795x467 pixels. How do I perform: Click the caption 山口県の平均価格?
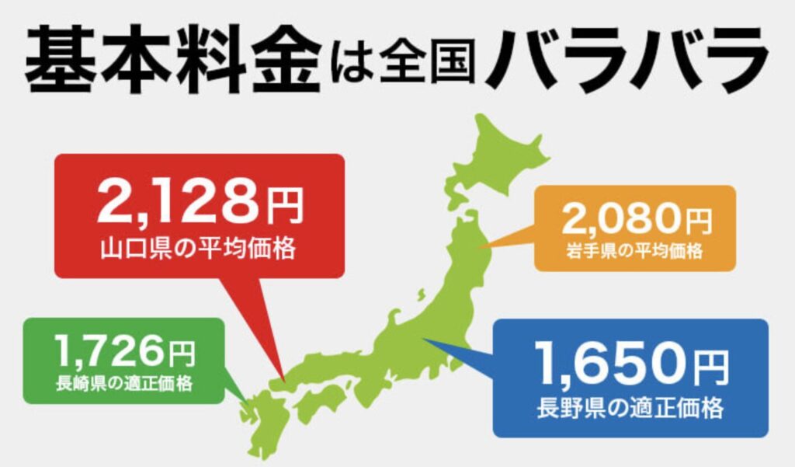pos(200,250)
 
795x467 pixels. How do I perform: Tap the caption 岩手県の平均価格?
pos(634,251)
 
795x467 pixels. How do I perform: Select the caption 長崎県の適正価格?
pos(124,382)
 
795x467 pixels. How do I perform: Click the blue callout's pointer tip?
pos(422,340)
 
